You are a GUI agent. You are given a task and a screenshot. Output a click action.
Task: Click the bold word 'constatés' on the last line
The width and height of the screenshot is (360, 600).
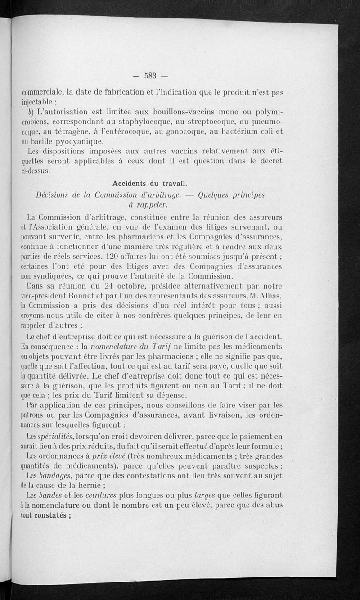coord(47,515)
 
